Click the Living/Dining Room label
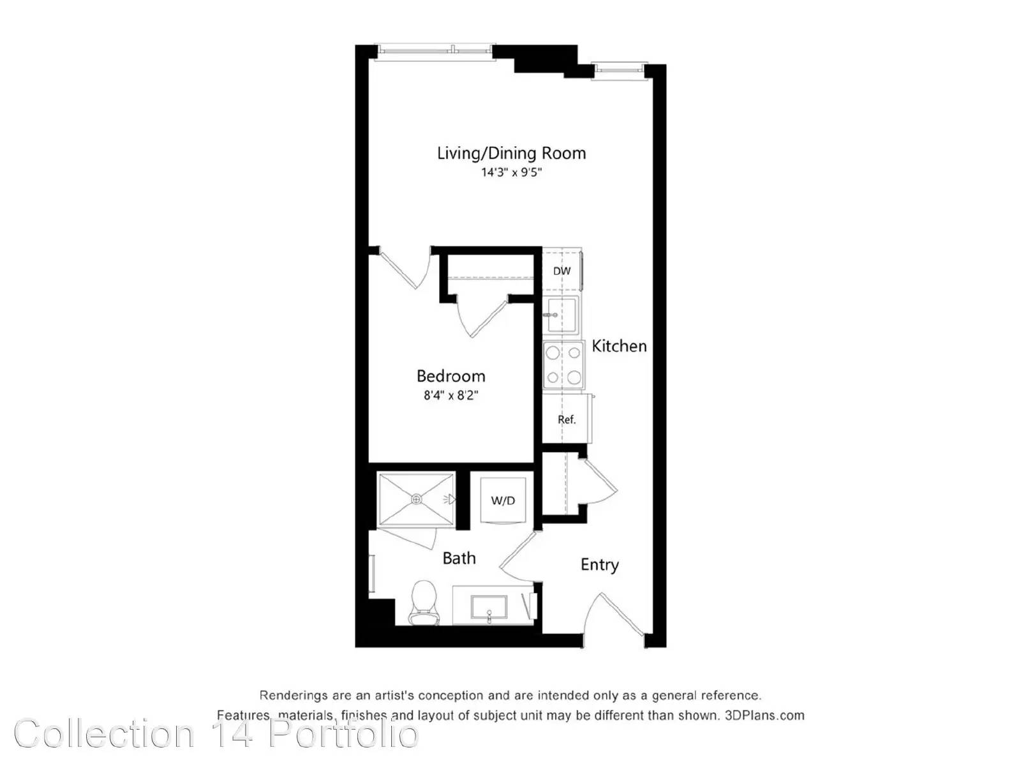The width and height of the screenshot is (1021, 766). [511, 153]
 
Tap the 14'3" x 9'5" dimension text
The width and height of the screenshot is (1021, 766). [511, 172]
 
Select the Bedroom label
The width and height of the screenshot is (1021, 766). [451, 376]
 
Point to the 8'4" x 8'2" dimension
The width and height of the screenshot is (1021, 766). [451, 395]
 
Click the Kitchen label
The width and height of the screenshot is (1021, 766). [619, 346]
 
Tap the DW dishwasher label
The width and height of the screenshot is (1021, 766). [562, 271]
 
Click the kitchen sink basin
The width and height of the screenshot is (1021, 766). [562, 315]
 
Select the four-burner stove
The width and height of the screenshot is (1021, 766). [563, 365]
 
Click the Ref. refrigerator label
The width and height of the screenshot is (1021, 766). [567, 419]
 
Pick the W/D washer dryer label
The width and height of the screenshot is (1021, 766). [503, 500]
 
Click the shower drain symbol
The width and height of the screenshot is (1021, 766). [416, 500]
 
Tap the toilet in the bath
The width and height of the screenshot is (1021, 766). [424, 603]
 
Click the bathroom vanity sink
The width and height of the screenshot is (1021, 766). [489, 608]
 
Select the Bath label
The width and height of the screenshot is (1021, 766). [459, 558]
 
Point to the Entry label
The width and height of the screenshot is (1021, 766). [600, 565]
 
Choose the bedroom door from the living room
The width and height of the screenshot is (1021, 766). [405, 268]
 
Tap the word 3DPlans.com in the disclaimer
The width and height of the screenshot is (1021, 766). [764, 716]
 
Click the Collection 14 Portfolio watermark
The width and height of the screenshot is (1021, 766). [216, 733]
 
